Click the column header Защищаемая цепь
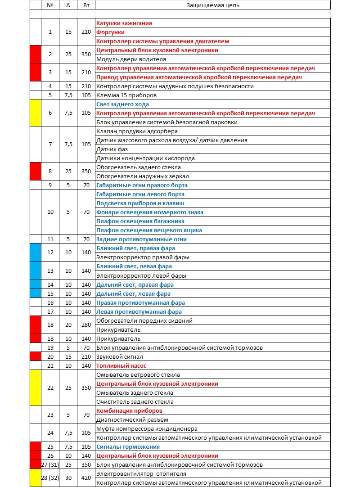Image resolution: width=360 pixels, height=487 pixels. point(212,5)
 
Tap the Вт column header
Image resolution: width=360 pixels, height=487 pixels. point(86,5)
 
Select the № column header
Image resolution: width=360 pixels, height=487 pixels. point(50,5)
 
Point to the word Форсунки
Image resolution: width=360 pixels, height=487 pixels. point(110,32)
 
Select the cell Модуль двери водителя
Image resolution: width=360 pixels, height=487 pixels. point(131,59)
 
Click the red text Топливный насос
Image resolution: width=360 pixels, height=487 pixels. point(121,366)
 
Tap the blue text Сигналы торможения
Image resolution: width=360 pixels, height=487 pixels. point(128,447)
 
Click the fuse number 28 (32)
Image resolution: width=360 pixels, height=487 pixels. point(50,478)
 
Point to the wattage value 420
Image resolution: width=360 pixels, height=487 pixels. point(86,478)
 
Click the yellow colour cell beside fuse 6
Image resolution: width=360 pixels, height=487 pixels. point(36,113)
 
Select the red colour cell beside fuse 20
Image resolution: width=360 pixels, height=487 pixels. point(36,356)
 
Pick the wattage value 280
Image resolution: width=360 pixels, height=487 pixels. point(86,325)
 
